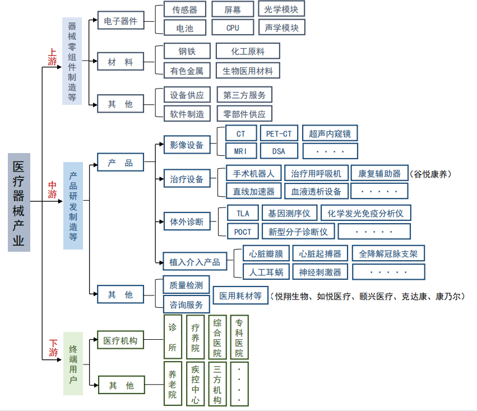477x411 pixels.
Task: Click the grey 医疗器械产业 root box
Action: [x=19, y=202]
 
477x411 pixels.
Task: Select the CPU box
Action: [x=233, y=27]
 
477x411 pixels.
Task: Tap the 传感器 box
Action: [x=184, y=10]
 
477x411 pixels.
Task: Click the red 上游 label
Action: [x=52, y=57]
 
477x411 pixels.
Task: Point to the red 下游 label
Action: [x=53, y=348]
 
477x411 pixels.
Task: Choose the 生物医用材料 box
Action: [x=248, y=71]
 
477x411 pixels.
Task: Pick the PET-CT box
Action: [x=279, y=133]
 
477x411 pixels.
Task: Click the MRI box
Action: [x=241, y=151]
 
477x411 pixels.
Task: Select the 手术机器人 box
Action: [x=254, y=173]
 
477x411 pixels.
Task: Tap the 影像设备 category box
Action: [x=187, y=145]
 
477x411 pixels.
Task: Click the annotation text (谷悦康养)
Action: [x=430, y=174]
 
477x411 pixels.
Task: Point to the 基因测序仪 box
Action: [x=289, y=213]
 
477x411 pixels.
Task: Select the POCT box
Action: [x=243, y=232]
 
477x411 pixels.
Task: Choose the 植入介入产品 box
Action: [x=194, y=262]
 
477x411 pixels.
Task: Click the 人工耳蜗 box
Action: [x=266, y=272]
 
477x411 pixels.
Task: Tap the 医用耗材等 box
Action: [x=240, y=295]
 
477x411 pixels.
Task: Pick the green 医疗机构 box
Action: [x=121, y=340]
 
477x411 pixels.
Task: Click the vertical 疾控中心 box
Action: [x=195, y=384]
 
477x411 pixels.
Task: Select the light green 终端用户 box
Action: [x=73, y=363]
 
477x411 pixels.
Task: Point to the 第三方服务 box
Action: [x=244, y=95]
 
